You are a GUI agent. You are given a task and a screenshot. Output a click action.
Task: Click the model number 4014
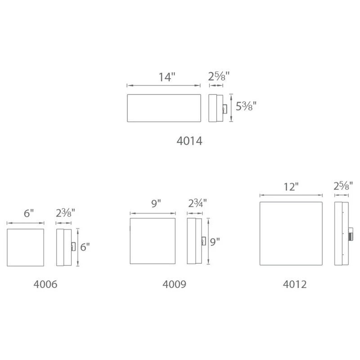tap(189, 141)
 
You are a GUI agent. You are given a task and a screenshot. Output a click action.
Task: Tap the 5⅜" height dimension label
tap(246, 107)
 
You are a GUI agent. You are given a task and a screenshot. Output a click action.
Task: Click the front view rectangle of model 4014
tap(163, 108)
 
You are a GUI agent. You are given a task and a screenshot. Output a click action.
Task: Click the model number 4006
tap(45, 284)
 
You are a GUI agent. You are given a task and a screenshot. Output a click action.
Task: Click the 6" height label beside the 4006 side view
tap(85, 247)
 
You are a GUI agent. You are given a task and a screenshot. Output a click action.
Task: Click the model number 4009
tap(174, 284)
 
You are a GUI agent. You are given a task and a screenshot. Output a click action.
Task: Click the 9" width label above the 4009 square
tap(156, 204)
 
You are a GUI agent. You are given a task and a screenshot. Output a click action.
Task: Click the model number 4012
tap(295, 284)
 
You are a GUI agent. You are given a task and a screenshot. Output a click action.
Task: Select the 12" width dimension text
tap(291, 187)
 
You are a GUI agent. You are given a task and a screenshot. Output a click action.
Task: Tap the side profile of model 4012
tap(340, 234)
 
